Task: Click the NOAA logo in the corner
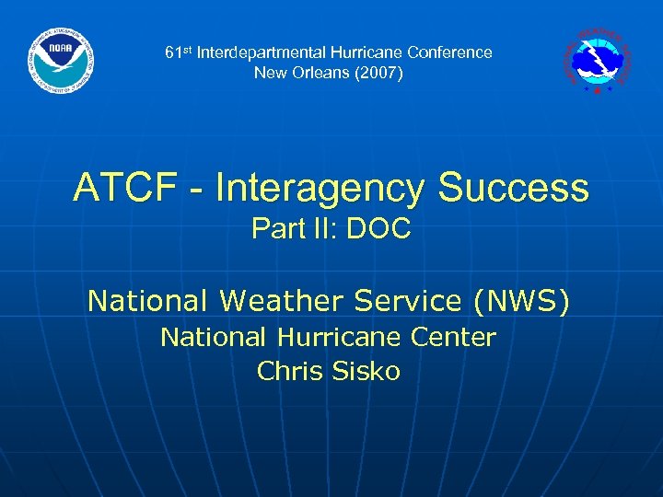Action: pos(61,61)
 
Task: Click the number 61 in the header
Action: pos(172,53)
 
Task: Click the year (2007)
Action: pos(378,73)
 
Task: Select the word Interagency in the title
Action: pos(319,189)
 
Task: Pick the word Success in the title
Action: pos(513,189)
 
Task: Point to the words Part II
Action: pos(293,229)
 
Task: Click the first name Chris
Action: pos(285,372)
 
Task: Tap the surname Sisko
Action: pos(367,372)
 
